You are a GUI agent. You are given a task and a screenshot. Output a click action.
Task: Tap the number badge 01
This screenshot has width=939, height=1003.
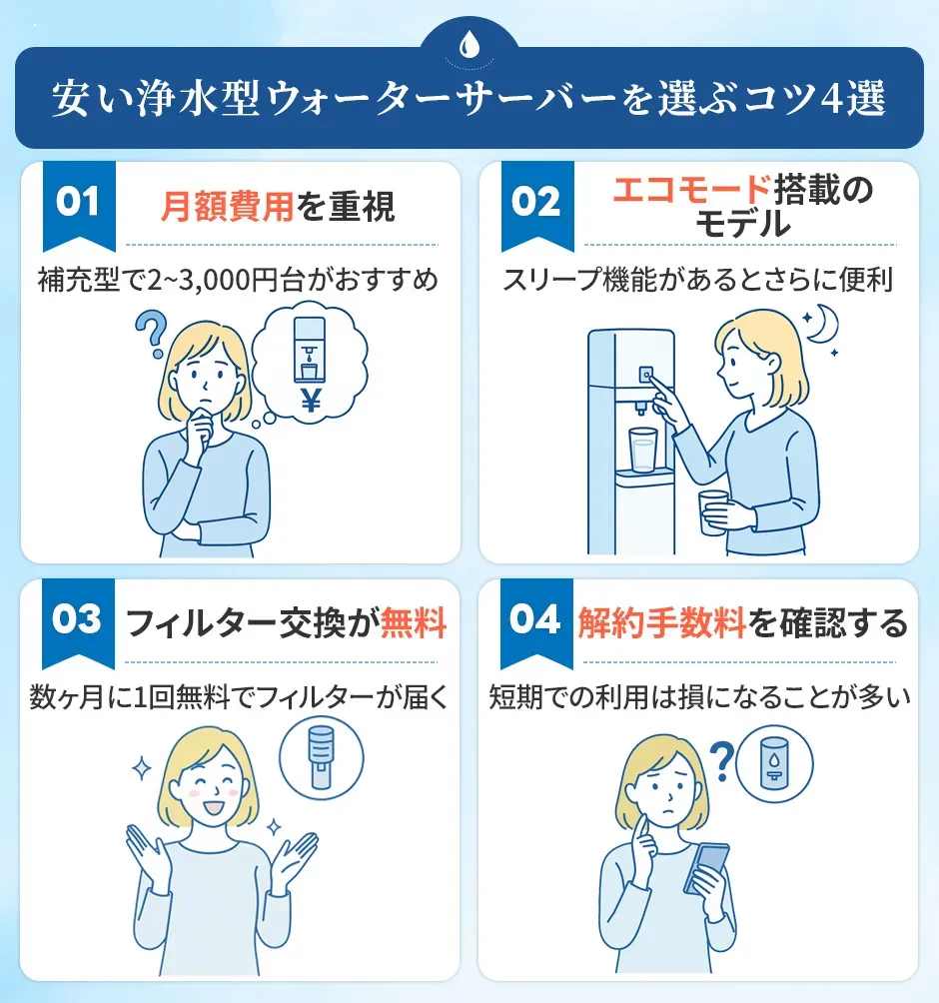(x=78, y=203)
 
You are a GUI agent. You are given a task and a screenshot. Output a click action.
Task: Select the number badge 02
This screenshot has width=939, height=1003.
(x=536, y=203)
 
